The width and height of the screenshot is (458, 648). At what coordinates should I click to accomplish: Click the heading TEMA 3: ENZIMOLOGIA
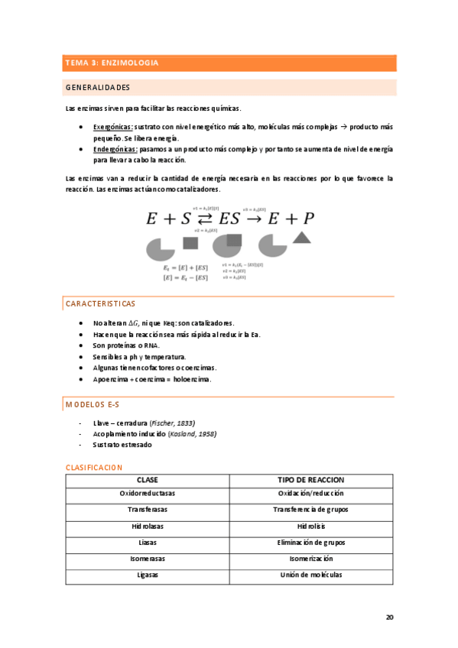112,63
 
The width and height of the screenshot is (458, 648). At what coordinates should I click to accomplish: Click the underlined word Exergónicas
112,126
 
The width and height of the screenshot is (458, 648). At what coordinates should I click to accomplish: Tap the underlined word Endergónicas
115,149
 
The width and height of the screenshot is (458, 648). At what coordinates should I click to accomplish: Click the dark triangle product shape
302,238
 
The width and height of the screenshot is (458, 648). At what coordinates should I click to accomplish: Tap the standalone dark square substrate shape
190,243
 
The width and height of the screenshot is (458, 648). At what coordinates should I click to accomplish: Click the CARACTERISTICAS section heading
100,304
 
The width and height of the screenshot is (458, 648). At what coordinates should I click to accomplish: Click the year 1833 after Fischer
183,423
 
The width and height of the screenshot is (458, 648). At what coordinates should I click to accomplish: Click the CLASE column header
147,480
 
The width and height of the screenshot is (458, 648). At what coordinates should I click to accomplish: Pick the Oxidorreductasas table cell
147,494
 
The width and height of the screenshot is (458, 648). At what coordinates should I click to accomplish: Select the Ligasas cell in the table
147,575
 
